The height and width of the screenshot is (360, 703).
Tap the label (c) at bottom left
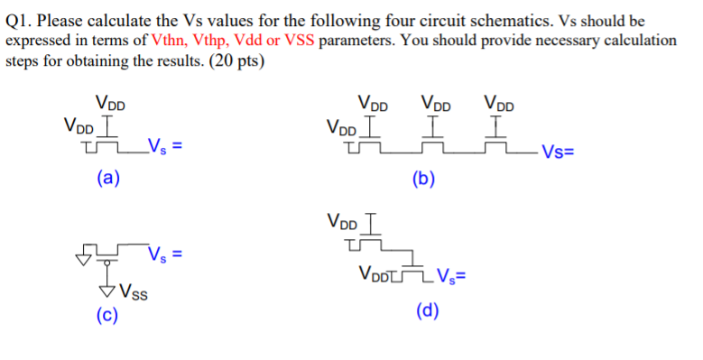tap(107, 316)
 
